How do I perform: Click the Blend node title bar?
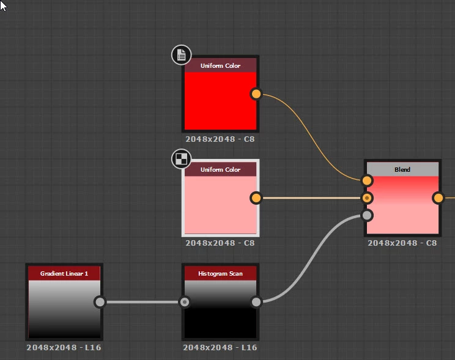point(402,169)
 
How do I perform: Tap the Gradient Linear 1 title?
point(64,274)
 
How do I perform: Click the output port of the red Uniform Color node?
point(256,94)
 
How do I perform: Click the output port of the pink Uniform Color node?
point(256,198)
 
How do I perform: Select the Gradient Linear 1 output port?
point(100,302)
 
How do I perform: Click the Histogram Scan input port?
point(185,302)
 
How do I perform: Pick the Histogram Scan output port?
point(256,302)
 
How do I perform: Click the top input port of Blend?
point(367,180)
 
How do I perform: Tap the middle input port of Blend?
point(367,198)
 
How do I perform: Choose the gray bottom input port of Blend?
point(367,215)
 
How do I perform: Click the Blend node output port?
point(438,198)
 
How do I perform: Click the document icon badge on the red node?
point(181,56)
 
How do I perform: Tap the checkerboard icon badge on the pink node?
point(181,160)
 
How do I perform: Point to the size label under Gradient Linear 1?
point(64,347)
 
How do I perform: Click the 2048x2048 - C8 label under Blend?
point(402,243)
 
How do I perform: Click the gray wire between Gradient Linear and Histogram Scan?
point(142,302)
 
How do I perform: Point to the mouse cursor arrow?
point(3,5)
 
